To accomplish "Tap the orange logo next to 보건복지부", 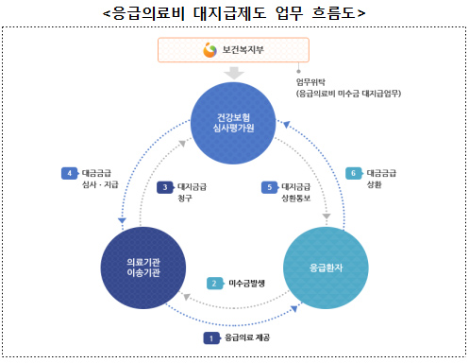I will pyautogui.click(x=210, y=50).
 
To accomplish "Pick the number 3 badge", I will pyautogui.click(x=165, y=187).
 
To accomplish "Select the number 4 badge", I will pyautogui.click(x=69, y=173).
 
